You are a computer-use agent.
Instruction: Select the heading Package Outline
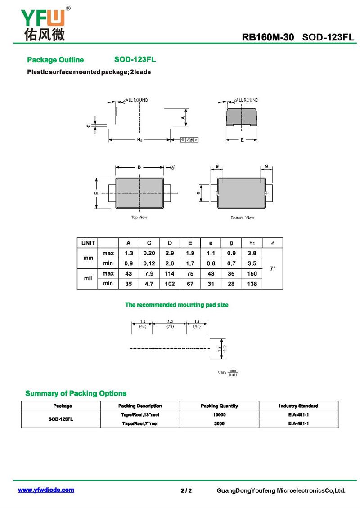[55, 60]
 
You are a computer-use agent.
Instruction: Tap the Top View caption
[139, 218]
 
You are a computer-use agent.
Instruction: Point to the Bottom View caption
[242, 218]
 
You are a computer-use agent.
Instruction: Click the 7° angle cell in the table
[272, 268]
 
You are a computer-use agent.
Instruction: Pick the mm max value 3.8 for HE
[252, 254]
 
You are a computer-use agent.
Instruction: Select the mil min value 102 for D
[170, 284]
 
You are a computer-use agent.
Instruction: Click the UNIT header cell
[88, 243]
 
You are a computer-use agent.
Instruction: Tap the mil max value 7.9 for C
[149, 274]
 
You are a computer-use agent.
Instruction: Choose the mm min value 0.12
[149, 263]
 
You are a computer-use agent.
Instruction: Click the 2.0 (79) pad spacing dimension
[170, 324]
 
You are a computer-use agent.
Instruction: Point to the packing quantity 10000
[219, 415]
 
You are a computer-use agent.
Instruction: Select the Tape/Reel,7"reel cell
[140, 423]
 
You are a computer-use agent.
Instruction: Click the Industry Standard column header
[298, 406]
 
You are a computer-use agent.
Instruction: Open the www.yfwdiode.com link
[46, 490]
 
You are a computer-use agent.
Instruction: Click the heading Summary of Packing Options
[76, 393]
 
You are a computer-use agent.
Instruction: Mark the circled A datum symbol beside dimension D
[172, 167]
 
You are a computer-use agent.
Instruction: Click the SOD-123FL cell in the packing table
[61, 419]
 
